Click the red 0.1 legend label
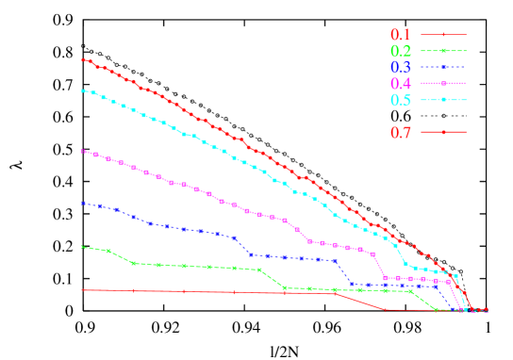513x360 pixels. (400, 35)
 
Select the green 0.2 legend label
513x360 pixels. (400, 51)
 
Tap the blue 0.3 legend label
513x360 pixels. (400, 67)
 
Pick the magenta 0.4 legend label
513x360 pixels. (400, 84)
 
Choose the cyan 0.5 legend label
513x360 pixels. (400, 100)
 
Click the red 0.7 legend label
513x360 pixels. (400, 133)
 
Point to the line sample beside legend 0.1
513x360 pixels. (443, 35)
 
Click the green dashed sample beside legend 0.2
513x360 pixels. (443, 51)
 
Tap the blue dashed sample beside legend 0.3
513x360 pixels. (443, 67)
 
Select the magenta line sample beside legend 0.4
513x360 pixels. (443, 84)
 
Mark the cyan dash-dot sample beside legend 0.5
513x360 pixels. (443, 100)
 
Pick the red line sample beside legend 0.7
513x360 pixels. (443, 132)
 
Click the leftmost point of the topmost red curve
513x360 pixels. (84, 59)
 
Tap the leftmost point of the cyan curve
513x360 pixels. (84, 90)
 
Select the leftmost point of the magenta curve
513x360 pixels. (84, 151)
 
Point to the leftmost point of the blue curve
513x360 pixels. (84, 203)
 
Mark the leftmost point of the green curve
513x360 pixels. (84, 247)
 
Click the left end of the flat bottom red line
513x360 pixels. (84, 290)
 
